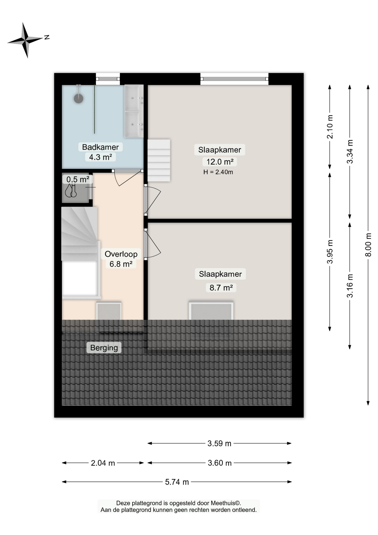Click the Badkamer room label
pos(100,147)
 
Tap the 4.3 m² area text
pos(100,157)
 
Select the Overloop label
pos(121,254)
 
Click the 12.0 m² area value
pos(220,162)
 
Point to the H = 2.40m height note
pos(218,172)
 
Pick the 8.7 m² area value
pos(221,288)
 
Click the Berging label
pos(104,348)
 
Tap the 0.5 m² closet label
pos(78,179)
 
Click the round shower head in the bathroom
pos(78,98)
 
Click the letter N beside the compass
pos(47,37)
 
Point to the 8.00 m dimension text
pos(368,245)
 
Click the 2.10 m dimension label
pos(330,127)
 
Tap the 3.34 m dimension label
pos(350,152)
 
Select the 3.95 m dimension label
pos(330,252)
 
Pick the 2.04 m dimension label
pos(103,463)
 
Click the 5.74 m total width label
pos(177,482)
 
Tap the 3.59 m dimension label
pos(219,443)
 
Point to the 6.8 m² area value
pos(121,264)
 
